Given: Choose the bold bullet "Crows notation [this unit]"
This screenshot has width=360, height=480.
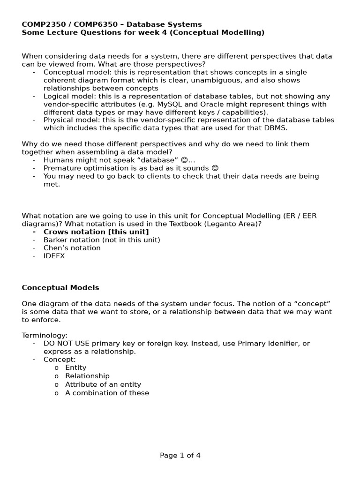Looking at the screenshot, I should tap(96, 232).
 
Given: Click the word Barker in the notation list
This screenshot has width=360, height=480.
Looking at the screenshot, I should tap(55, 240).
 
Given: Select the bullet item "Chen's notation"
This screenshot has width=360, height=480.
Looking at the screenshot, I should tap(72, 247).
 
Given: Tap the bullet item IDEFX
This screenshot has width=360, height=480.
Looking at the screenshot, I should tap(54, 256).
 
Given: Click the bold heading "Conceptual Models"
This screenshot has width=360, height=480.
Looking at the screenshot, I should tap(60, 287).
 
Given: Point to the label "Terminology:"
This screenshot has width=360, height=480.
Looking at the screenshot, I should tap(45, 335).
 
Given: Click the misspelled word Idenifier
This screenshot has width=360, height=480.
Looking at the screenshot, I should tap(284, 344).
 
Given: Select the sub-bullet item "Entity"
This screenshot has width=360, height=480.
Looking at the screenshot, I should tap(75, 367).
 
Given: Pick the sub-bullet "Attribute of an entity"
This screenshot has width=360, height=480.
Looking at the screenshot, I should tap(103, 384).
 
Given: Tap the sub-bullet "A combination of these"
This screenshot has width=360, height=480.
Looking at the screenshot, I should tap(107, 393).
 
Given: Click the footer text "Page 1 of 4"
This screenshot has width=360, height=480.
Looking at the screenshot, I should tap(180, 455).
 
